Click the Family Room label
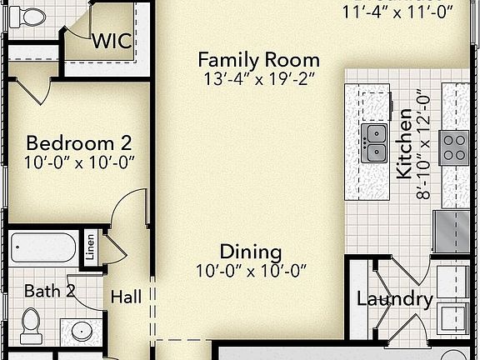tap(258, 60)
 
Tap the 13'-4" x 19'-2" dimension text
tap(258, 81)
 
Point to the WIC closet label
tap(112, 41)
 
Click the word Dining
tap(251, 252)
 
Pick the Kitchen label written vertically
tap(404, 142)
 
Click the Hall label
tap(126, 295)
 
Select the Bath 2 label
tap(50, 291)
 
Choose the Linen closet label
tap(90, 247)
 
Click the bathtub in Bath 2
tap(42, 247)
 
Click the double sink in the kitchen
tap(375, 142)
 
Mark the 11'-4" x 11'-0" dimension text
tap(397, 12)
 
